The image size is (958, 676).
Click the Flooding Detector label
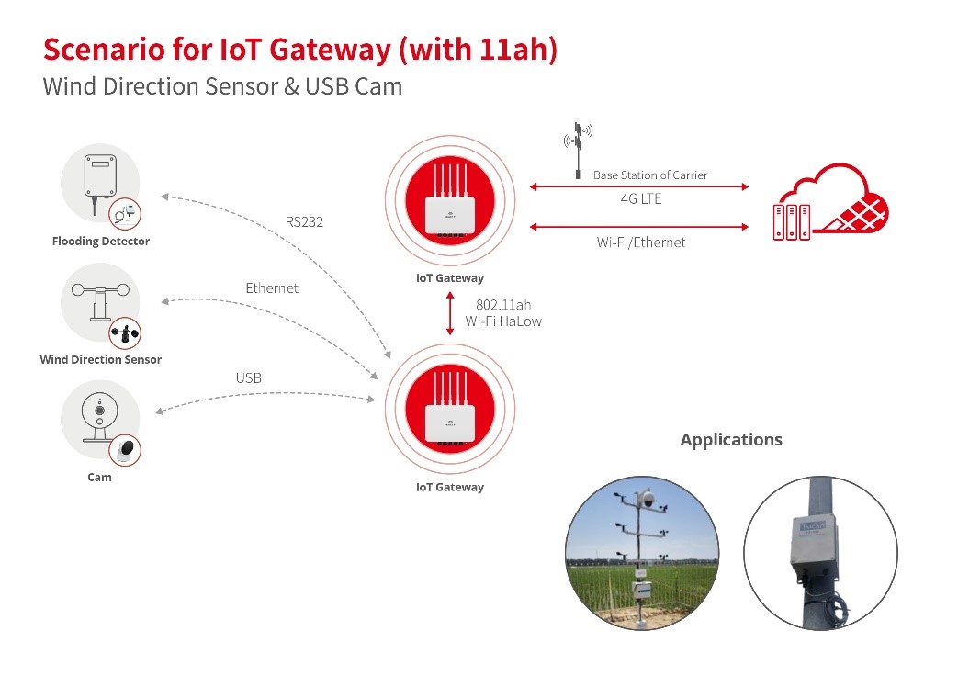(100, 242)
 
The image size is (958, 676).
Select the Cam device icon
(100, 419)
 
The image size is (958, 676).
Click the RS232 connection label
(305, 221)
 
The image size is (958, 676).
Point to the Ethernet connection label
(272, 287)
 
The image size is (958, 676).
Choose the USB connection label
(248, 377)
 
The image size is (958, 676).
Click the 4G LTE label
(640, 198)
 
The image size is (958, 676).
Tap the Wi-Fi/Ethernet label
(640, 242)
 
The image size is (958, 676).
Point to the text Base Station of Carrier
(650, 175)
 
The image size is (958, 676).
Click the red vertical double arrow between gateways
(450, 313)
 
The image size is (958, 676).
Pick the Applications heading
(731, 439)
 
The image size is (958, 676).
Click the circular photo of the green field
(642, 553)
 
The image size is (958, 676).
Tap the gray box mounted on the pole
(813, 547)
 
